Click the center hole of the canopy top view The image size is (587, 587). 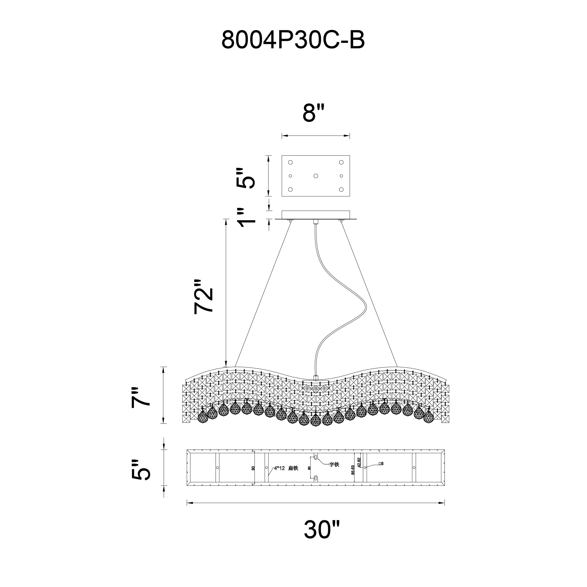316,176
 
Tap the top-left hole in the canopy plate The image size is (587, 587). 290,162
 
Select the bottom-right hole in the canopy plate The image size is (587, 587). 341,190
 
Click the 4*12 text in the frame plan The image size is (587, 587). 279,477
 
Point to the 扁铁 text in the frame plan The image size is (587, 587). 293,477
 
